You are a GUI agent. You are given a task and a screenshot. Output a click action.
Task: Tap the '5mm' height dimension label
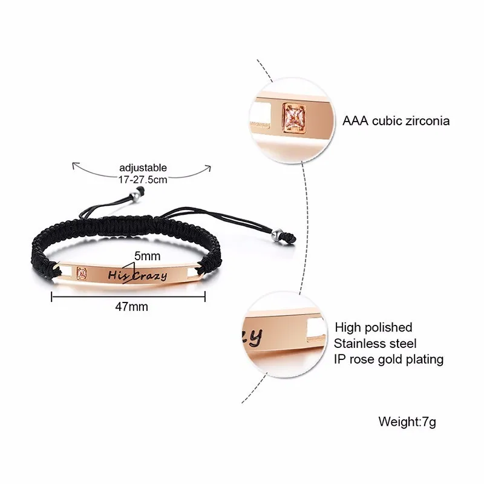click(x=144, y=256)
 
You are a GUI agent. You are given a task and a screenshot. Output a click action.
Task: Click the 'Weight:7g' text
click(x=407, y=421)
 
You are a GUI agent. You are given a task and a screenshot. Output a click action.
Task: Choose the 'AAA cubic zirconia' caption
click(x=396, y=121)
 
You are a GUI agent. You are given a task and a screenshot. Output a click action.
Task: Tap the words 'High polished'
click(x=373, y=327)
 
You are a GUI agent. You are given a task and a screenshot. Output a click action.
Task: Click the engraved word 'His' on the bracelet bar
click(x=119, y=274)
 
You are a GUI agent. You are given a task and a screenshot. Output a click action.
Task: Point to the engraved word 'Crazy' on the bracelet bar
click(x=149, y=276)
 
